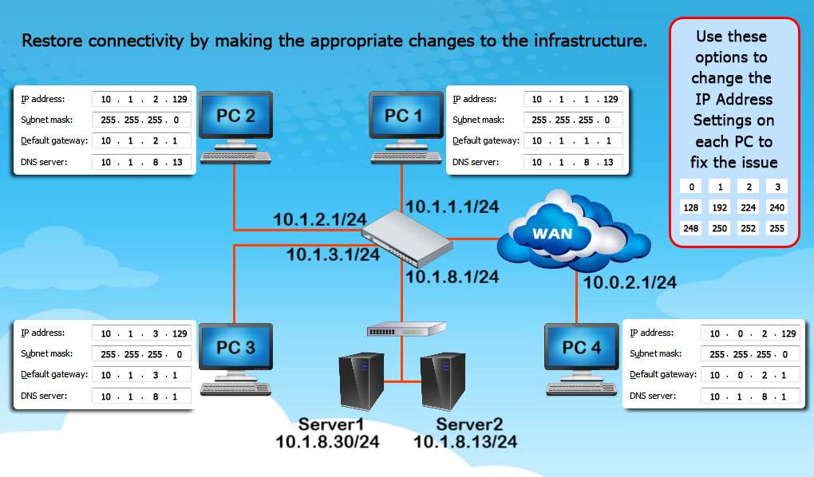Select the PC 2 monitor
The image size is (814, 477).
(235, 116)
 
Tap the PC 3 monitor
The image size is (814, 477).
(235, 348)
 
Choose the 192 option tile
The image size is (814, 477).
(721, 207)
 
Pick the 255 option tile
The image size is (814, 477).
(775, 228)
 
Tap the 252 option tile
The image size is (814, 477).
(748, 228)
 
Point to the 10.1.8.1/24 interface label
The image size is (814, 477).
(452, 277)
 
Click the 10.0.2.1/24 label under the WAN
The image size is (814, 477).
(630, 282)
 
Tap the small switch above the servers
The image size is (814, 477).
(405, 329)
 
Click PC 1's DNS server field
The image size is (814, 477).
(573, 162)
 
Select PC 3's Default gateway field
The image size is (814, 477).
(141, 375)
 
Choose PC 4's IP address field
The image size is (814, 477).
(750, 333)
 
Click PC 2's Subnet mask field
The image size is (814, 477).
(141, 120)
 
